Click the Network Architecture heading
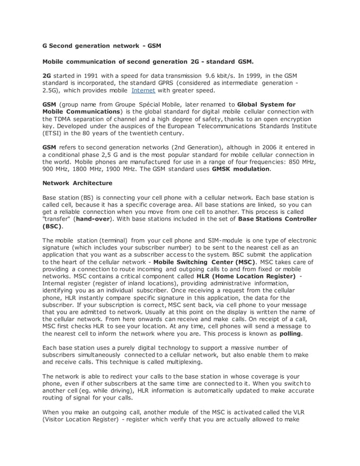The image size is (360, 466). pyautogui.click(x=77, y=183)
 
